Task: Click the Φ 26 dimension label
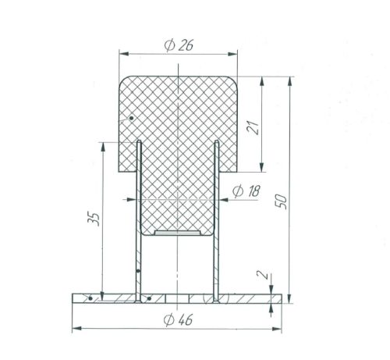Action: (179, 45)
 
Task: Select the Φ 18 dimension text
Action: (246, 191)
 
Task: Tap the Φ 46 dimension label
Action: (179, 319)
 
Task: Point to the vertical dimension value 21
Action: (254, 127)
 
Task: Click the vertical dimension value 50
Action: (282, 201)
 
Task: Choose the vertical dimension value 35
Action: (94, 219)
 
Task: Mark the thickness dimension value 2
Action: (262, 275)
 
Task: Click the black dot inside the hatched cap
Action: (132, 118)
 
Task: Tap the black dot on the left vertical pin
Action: (138, 271)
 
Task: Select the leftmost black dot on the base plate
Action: (90, 298)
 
